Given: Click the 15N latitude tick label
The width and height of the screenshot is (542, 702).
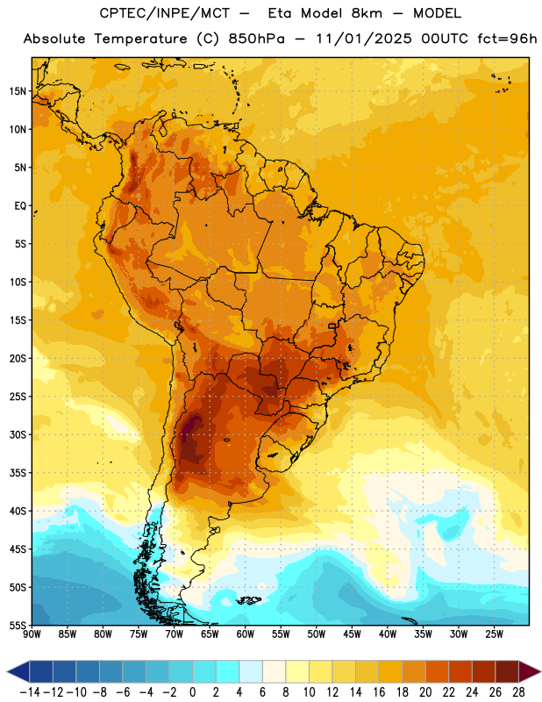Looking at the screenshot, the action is [18, 91].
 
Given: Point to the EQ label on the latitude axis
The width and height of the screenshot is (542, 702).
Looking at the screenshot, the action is [20, 206].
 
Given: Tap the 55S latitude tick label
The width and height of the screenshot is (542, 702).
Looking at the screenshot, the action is [18, 625].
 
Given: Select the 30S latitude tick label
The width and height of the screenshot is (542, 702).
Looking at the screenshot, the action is [18, 434].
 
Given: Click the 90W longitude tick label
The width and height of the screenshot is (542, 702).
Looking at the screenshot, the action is [32, 634].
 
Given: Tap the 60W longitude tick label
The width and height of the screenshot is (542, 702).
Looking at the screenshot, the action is [246, 634].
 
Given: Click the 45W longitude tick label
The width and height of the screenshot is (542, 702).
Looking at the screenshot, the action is [353, 634].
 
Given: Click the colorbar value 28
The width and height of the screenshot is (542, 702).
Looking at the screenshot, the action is [518, 692].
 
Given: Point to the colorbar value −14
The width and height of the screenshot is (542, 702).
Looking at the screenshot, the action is [30, 692].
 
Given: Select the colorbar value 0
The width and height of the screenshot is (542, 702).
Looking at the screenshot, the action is [193, 692].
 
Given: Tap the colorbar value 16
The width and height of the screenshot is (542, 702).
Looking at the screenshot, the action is [379, 692].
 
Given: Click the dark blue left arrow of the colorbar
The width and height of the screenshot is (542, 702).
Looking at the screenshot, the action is [18, 671].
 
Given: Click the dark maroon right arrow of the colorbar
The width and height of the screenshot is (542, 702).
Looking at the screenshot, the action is [530, 671].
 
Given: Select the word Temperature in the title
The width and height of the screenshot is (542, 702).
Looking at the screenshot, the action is [140, 39].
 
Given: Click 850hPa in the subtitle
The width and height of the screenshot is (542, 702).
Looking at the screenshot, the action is [256, 39].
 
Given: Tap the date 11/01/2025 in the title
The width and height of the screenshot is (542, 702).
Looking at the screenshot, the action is [364, 39].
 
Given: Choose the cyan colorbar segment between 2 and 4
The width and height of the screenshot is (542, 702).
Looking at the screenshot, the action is [228, 671].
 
